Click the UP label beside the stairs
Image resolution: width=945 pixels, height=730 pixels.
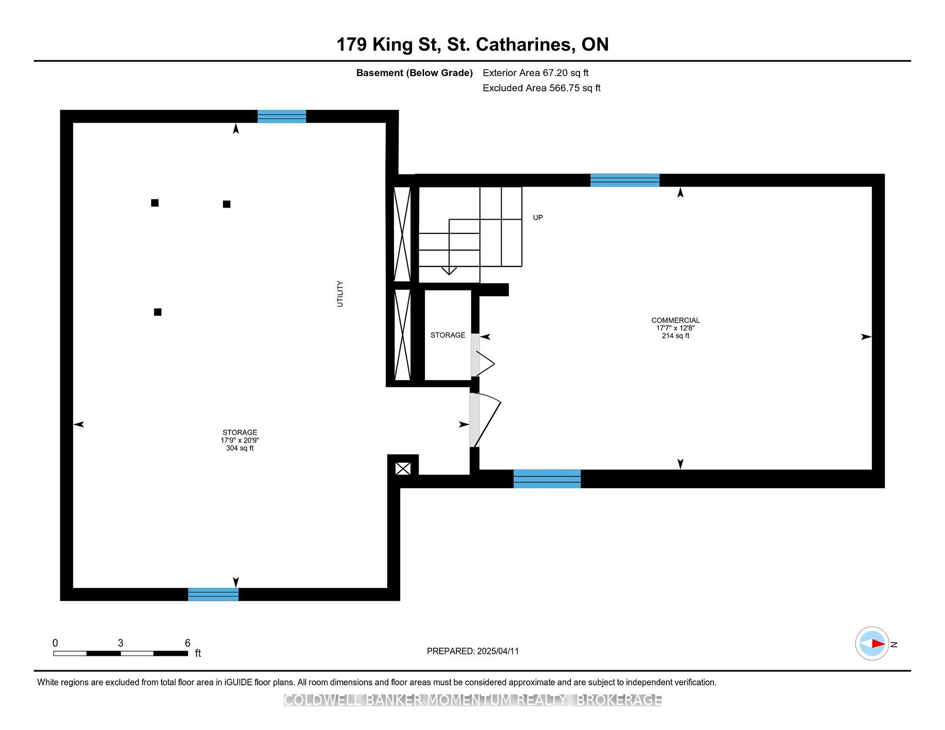coord(538,218)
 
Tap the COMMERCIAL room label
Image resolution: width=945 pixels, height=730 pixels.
coord(675,320)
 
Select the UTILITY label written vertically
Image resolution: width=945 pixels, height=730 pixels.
coord(340,294)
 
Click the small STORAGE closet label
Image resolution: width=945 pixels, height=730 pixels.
coord(448,335)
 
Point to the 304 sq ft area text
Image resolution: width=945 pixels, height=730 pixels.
coord(240,448)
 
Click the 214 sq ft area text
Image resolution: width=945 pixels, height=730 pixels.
coord(675,336)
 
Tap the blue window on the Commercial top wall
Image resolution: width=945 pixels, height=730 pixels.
coord(625,180)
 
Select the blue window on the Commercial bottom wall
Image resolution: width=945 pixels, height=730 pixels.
coord(547,479)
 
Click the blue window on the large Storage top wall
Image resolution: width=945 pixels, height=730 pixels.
coord(281,116)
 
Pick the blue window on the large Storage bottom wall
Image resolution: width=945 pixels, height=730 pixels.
coord(213,595)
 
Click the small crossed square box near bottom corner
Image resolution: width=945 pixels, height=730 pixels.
coord(403,469)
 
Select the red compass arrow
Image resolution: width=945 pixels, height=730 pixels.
coord(877,644)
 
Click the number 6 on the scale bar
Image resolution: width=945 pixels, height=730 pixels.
coord(187,643)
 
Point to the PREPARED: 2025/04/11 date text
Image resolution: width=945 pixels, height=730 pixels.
coord(472,651)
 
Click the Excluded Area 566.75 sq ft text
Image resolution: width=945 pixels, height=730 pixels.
coord(541,88)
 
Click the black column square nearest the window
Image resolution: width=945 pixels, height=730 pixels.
coord(227,204)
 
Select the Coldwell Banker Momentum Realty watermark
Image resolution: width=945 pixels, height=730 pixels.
coord(472,700)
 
